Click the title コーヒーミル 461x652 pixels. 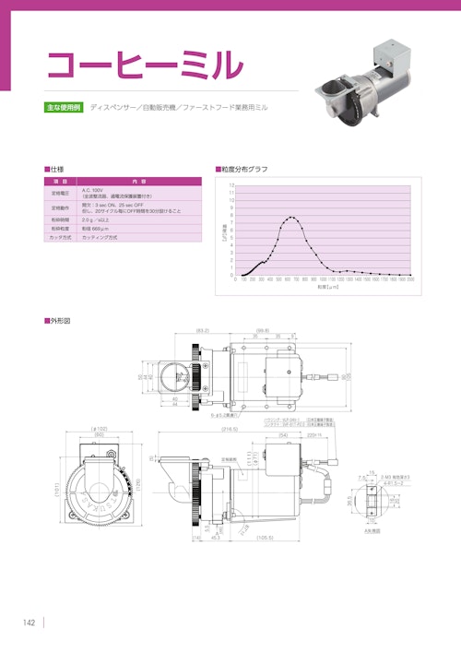click(x=145, y=64)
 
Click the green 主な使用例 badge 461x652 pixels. click(x=64, y=108)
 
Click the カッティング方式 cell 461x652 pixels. click(x=100, y=237)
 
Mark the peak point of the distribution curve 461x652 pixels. click(x=292, y=218)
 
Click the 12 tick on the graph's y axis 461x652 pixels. click(x=231, y=185)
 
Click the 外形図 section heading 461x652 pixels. click(x=58, y=320)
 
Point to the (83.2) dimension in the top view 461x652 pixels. click(x=203, y=329)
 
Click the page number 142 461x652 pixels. click(x=29, y=624)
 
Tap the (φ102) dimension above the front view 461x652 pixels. click(x=100, y=429)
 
